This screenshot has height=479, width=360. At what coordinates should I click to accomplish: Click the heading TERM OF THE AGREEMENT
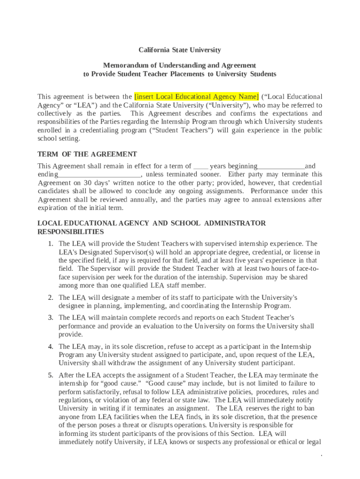pyautogui.click(x=87, y=154)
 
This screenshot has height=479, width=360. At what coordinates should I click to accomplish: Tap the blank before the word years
pyautogui.click(x=201, y=167)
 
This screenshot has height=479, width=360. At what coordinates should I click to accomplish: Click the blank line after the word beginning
pyautogui.click(x=281, y=167)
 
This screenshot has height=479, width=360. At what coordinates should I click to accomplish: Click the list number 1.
pyautogui.click(x=50, y=244)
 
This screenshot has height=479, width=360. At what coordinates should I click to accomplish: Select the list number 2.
pyautogui.click(x=50, y=298)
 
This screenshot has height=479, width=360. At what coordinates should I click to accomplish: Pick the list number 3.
pyautogui.click(x=50, y=318)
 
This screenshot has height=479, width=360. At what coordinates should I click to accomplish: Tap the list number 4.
pyautogui.click(x=50, y=347)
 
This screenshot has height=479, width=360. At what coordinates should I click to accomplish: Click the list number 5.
pyautogui.click(x=50, y=375)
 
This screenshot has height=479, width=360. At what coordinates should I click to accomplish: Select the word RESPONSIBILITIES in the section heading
pyautogui.click(x=71, y=232)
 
